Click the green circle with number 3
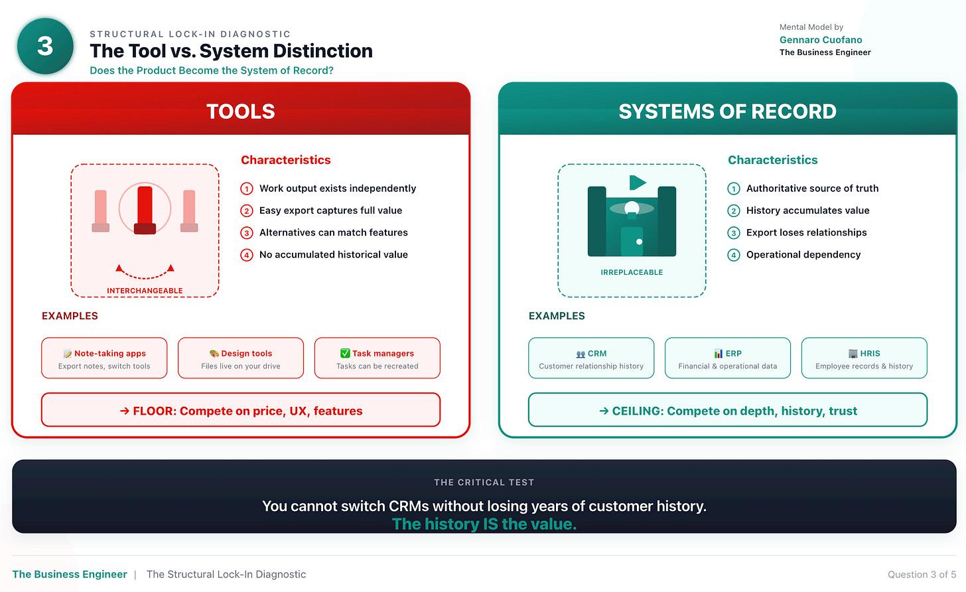point(44,46)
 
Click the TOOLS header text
point(240,111)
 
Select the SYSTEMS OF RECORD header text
point(727,111)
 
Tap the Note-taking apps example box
point(104,358)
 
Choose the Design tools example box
point(241,358)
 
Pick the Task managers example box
point(377,358)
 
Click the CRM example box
point(591,358)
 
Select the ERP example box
point(728,358)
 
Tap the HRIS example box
point(864,358)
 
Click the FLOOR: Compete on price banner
point(241,410)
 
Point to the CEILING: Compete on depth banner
point(728,410)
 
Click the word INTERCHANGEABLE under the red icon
point(145,291)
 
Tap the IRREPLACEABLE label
point(632,272)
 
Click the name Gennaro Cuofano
point(821,40)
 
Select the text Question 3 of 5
point(922,574)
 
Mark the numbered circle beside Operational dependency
point(734,255)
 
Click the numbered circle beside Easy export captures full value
point(247,211)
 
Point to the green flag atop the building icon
point(637,183)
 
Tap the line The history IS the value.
point(484,524)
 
